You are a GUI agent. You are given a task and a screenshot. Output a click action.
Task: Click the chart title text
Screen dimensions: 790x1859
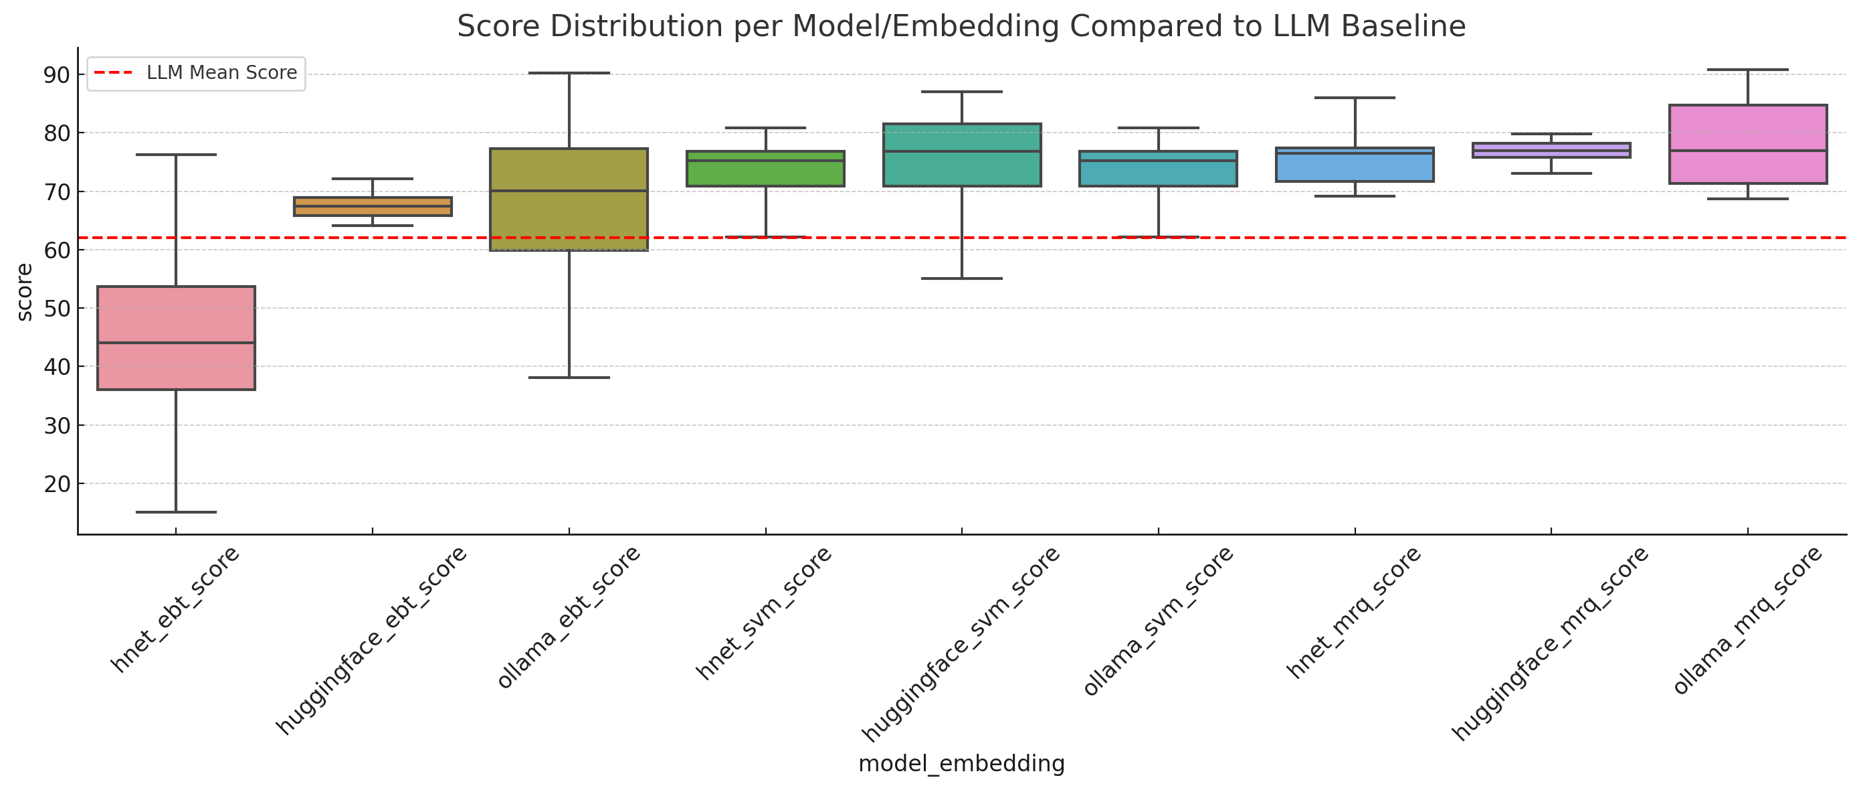[961, 27]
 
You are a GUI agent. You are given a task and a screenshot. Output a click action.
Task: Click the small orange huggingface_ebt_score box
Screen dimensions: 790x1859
[373, 206]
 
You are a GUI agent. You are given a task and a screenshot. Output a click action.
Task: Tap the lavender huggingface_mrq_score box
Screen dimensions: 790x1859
[1551, 150]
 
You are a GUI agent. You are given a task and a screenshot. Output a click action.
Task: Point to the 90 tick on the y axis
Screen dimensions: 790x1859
[56, 75]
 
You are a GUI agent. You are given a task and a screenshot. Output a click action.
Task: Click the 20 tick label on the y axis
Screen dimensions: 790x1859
[56, 484]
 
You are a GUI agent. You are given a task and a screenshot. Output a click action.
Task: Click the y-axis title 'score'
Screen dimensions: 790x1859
[25, 292]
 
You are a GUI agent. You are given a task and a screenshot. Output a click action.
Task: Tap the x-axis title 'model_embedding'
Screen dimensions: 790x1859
[961, 763]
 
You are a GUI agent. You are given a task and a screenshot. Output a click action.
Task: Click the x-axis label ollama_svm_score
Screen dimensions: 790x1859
[1158, 621]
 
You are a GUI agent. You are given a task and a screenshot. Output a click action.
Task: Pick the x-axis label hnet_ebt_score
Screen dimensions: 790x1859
[175, 609]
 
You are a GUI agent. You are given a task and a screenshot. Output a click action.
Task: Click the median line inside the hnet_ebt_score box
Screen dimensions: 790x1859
[176, 342]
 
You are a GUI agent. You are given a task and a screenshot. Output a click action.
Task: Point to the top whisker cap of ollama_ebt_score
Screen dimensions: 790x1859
[569, 73]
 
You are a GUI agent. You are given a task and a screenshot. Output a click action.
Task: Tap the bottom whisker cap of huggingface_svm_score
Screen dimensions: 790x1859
[962, 278]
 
